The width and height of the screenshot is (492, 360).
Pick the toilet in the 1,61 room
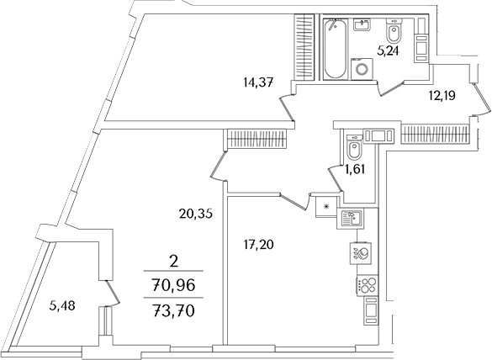(354, 150)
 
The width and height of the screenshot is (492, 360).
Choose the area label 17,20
(257, 246)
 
